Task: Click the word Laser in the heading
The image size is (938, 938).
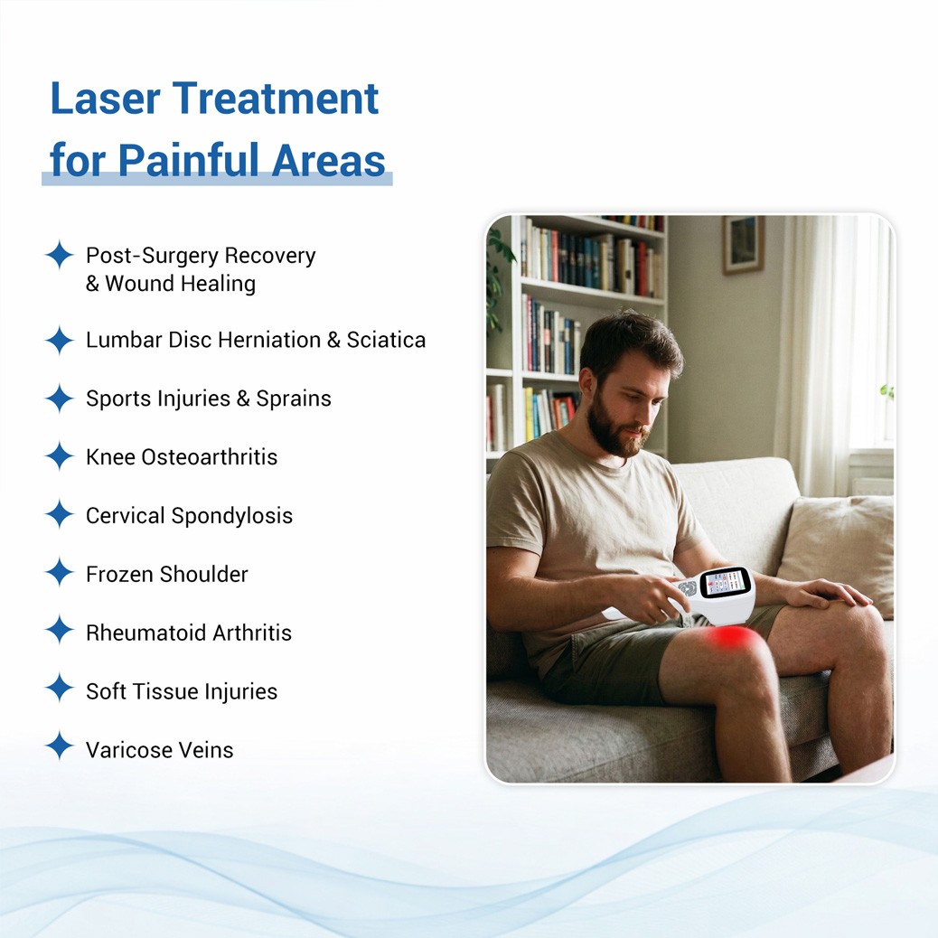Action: click(106, 98)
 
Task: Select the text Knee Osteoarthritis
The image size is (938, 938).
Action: click(182, 457)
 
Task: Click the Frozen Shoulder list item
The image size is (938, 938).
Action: click(167, 575)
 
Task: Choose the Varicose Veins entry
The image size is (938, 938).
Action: click(160, 750)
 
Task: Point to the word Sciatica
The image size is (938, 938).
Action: click(387, 340)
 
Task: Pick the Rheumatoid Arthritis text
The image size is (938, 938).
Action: click(189, 633)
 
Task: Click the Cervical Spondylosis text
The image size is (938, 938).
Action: click(190, 516)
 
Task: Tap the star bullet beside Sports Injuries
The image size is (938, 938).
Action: click(60, 399)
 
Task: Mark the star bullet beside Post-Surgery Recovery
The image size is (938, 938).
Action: click(60, 256)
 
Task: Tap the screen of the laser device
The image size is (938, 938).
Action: click(725, 582)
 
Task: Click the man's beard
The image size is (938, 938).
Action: click(614, 429)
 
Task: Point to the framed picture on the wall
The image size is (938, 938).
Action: click(743, 244)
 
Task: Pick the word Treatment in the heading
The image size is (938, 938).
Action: click(276, 98)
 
